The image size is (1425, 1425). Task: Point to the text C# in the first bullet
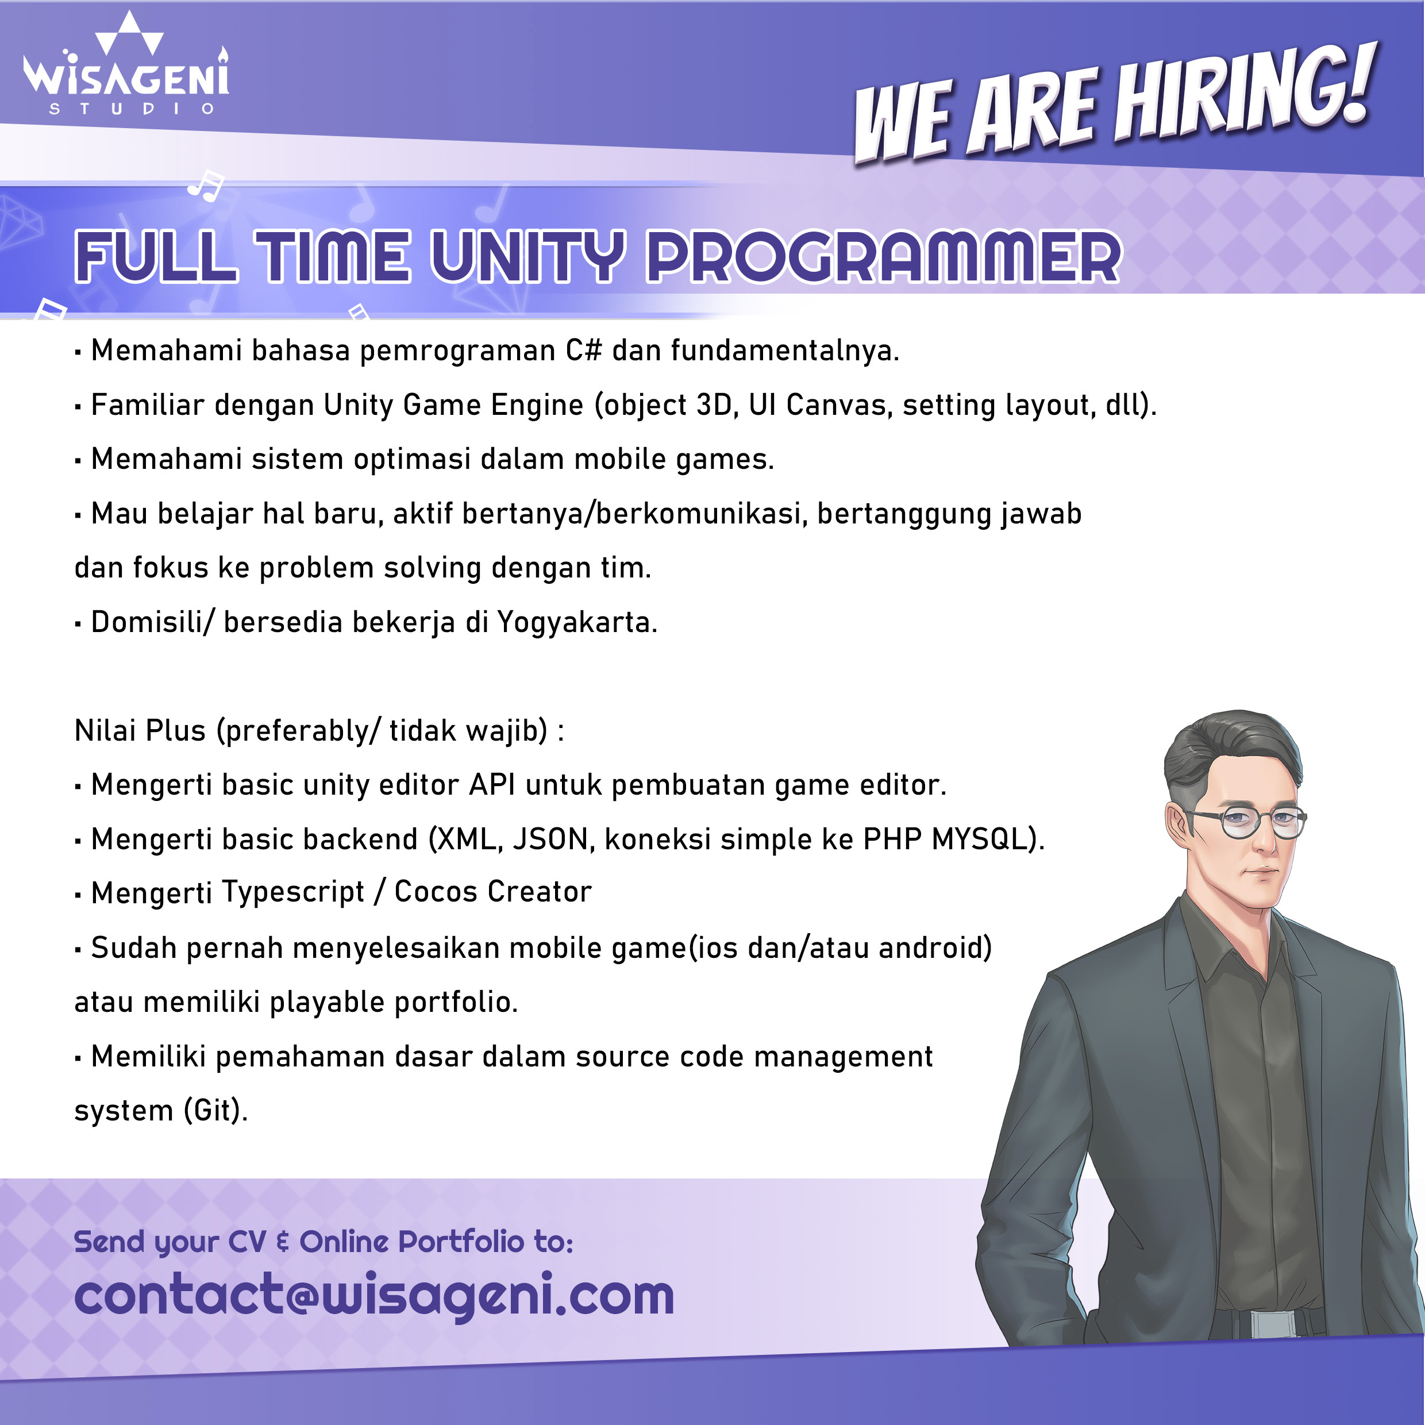pyautogui.click(x=583, y=349)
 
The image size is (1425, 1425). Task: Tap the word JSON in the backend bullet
pyautogui.click(x=554, y=839)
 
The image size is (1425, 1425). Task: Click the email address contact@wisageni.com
pyautogui.click(x=374, y=1296)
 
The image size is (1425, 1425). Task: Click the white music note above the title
pyautogui.click(x=206, y=185)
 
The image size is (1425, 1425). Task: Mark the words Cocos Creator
pyautogui.click(x=492, y=892)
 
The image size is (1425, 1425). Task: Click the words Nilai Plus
pyautogui.click(x=140, y=730)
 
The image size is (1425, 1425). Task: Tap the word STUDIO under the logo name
pyautogui.click(x=131, y=109)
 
